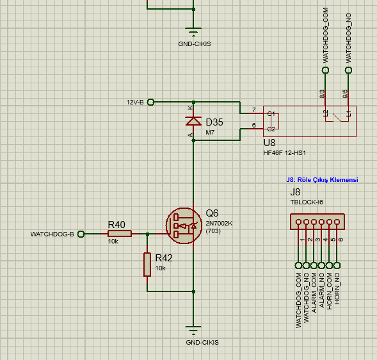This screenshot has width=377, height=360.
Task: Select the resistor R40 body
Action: (x=119, y=234)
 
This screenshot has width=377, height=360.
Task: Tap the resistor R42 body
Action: (x=147, y=265)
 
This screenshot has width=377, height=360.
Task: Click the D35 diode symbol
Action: (x=193, y=121)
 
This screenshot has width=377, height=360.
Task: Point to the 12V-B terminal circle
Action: (x=151, y=102)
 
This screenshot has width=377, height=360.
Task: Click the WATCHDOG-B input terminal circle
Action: (x=81, y=234)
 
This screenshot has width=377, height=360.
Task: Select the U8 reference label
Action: (x=269, y=143)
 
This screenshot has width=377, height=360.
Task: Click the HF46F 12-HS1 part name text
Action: (x=284, y=153)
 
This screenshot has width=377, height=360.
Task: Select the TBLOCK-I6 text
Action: (x=307, y=202)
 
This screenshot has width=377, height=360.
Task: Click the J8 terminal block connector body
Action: (x=314, y=222)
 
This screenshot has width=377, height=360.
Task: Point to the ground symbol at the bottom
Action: (x=193, y=331)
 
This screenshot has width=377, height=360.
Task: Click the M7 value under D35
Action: (x=210, y=133)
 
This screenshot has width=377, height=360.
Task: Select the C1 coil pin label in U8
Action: (x=271, y=114)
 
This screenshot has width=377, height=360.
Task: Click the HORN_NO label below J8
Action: (x=337, y=291)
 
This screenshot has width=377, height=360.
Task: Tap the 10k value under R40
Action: (x=113, y=242)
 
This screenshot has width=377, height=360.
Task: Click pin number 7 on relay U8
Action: (x=254, y=110)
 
